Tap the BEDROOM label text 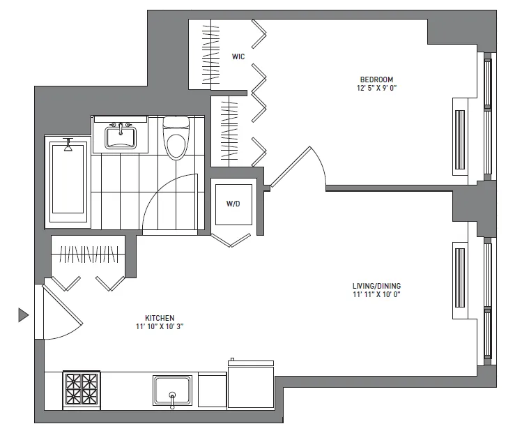coord(377,79)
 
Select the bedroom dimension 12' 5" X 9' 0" coord(377,89)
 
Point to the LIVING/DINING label coord(377,286)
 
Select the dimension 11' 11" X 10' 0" coord(377,295)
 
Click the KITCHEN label coord(160,317)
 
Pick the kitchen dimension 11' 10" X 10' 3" coord(160,326)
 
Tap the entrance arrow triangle coord(23,316)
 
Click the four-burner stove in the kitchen coord(82,390)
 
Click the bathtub coord(68,181)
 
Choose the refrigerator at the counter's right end coord(251,388)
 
